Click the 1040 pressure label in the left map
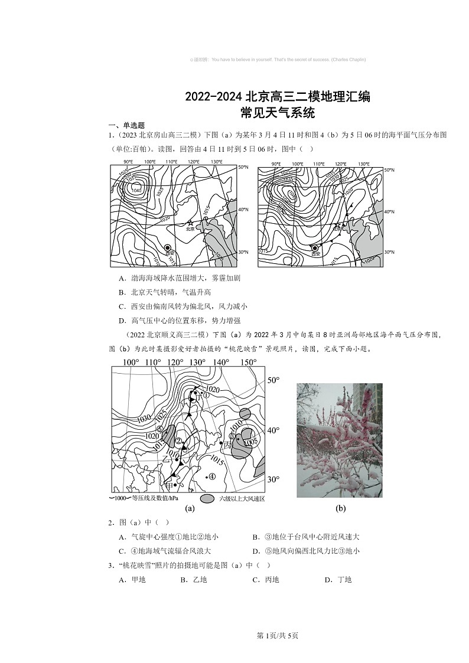pyautogui.click(x=136, y=190)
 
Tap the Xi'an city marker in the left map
pyautogui.click(x=168, y=248)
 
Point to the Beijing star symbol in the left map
pyautogui.click(x=190, y=223)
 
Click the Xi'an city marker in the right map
pyautogui.click(x=315, y=248)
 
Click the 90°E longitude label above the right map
pyautogui.click(x=275, y=164)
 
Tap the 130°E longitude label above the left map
pyautogui.click(x=216, y=162)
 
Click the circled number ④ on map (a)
pyautogui.click(x=211, y=477)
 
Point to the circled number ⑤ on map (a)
pyautogui.click(x=159, y=430)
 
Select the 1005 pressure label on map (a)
pyautogui.click(x=250, y=442)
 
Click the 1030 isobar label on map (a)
pyautogui.click(x=144, y=419)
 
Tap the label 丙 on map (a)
pyautogui.click(x=227, y=444)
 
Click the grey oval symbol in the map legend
pyautogui.click(x=207, y=499)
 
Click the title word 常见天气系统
pyautogui.click(x=277, y=113)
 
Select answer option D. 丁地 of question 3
pyautogui.click(x=338, y=580)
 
